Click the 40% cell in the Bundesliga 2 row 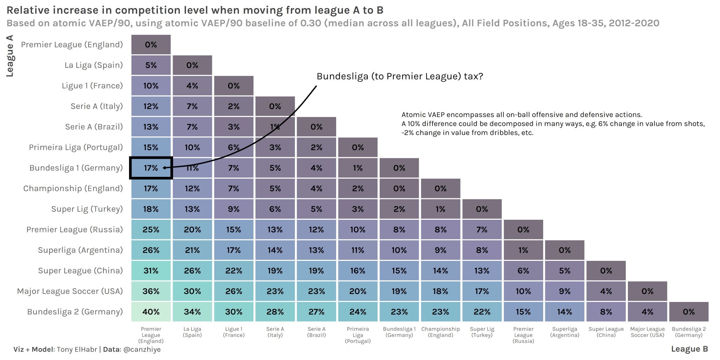coord(151,312)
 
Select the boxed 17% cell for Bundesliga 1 coord(151,168)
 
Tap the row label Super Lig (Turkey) coord(87,209)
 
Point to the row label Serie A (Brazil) coord(94,127)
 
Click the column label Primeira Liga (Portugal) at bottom coord(358,335)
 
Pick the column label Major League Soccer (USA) coord(647,332)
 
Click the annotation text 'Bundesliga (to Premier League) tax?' coord(400,76)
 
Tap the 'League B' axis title coord(689,349)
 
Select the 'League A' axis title coord(10,56)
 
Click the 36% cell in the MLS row coord(151,291)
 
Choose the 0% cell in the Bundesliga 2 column coord(688,312)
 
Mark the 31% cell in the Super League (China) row coord(151,271)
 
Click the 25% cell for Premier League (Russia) coord(151,230)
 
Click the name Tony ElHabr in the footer coord(77,349)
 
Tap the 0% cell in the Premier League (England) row coord(151,45)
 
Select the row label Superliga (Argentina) coord(80,250)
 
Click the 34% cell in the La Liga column coord(192,312)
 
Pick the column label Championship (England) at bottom coord(441,332)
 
